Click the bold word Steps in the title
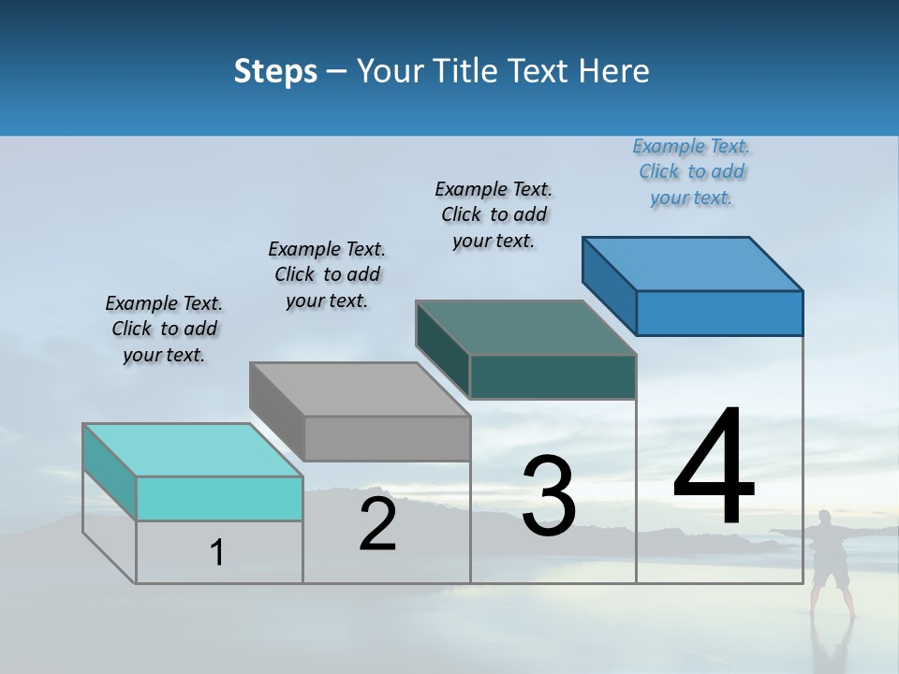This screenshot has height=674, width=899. [x=275, y=71]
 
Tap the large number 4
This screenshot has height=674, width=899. [x=714, y=468]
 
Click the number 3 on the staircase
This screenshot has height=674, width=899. [x=549, y=496]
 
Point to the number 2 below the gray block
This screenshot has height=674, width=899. [x=377, y=524]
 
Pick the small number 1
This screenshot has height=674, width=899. [x=217, y=553]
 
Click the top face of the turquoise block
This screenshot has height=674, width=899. [x=193, y=450]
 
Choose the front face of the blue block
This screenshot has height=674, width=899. [x=719, y=313]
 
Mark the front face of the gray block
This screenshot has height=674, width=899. [x=387, y=438]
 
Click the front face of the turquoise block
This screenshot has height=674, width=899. [x=219, y=498]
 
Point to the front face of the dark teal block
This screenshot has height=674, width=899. [x=553, y=376]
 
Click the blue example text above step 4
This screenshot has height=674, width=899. [x=691, y=172]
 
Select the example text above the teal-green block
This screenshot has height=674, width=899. [x=494, y=214]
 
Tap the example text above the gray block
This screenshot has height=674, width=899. [x=327, y=274]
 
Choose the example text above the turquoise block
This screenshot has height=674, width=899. [x=164, y=329]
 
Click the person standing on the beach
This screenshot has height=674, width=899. [x=829, y=562]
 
